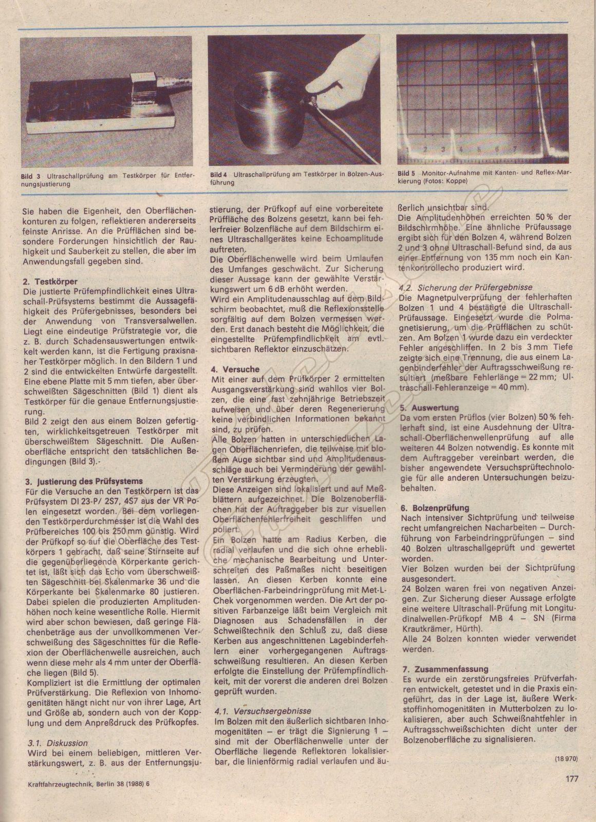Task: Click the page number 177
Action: [572, 778]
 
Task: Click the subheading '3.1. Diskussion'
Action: [57, 743]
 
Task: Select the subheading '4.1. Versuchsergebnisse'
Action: [262, 711]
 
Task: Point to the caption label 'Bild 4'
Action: [219, 175]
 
